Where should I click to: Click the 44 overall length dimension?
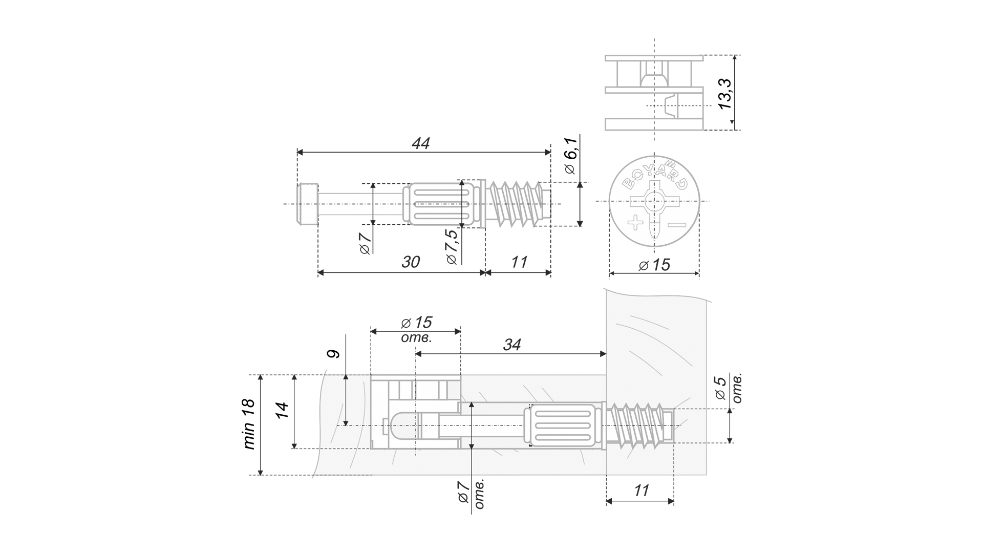420,143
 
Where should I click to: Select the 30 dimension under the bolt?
410,262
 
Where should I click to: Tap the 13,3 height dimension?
725,94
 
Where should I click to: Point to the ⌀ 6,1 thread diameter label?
570,155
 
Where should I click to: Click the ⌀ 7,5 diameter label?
451,247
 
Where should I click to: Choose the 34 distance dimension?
511,345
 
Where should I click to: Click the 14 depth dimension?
283,411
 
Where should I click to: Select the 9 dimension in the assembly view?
334,354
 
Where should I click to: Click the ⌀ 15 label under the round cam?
655,265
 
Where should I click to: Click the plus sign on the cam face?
635,223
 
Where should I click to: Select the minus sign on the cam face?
677,224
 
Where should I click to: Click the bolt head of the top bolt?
308,204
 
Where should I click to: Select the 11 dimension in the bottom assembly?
641,491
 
